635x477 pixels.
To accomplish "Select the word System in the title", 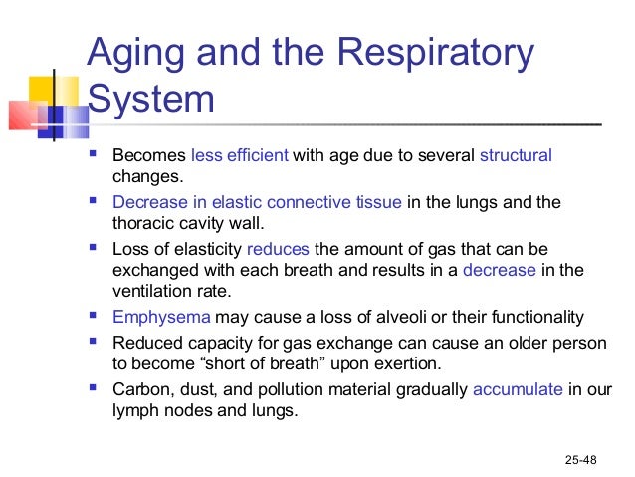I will (150, 101).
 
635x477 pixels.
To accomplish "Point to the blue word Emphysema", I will (161, 318).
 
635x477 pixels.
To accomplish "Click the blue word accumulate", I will (519, 389).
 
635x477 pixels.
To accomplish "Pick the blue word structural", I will (516, 156).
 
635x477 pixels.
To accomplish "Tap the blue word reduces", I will (278, 248).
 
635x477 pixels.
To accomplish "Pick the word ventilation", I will (150, 292).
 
